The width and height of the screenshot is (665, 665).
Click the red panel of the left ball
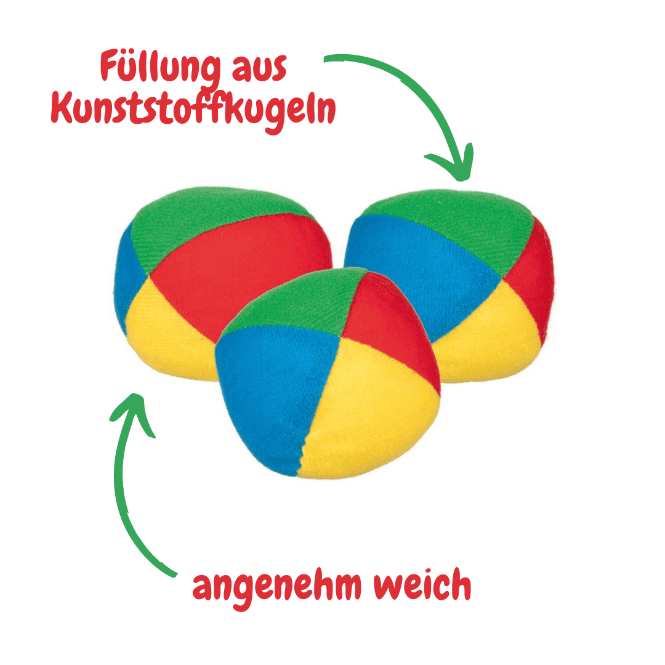click(x=246, y=265)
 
